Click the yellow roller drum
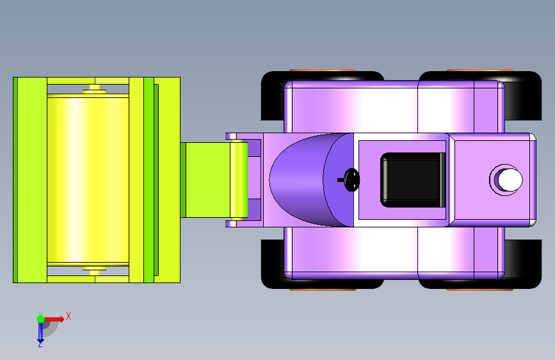point(88,179)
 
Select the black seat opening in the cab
point(413,180)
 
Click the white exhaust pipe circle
point(510,179)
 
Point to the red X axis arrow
point(53,319)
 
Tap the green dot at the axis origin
point(40,319)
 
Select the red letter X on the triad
point(68,316)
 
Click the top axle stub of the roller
point(95,89)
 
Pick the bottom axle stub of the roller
point(95,271)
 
